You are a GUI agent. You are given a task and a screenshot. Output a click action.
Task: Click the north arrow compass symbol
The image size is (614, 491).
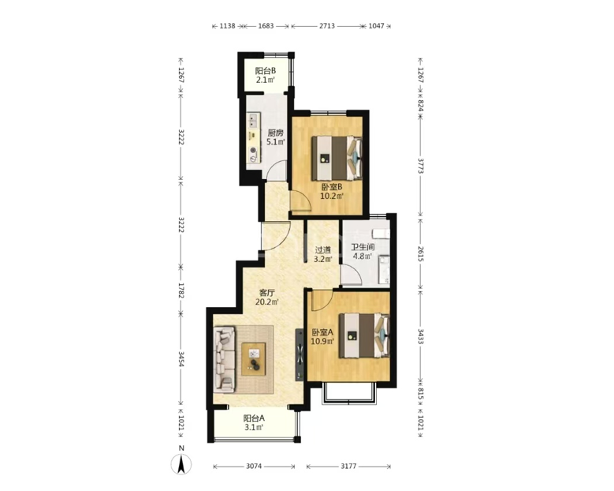coord(181,464)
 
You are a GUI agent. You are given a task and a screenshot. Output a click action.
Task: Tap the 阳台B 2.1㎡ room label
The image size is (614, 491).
coord(266,75)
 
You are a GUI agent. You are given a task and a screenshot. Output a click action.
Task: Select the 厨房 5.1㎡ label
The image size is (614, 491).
coord(276,137)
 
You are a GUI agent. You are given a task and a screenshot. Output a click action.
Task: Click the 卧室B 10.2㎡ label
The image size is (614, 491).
coord(332,191)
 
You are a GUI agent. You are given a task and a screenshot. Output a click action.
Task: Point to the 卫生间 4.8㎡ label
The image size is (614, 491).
coord(363,252)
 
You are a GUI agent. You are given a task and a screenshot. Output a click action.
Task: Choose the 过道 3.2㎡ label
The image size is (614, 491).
coord(323,254)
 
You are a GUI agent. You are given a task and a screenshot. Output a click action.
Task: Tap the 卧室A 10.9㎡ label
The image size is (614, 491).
coord(322,336)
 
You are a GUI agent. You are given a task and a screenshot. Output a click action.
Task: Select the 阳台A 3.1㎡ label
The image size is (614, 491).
coord(254,422)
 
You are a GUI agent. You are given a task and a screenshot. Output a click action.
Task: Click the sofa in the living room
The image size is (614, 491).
coord(225,360)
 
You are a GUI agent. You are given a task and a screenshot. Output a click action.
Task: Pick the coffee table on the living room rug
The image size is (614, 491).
coord(253,359)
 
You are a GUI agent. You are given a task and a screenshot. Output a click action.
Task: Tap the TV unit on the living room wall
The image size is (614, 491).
coord(300,354)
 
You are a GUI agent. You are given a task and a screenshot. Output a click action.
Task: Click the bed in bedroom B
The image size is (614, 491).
coord(337,158)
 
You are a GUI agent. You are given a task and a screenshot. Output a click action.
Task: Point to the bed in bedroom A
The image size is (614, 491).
coord(364,335)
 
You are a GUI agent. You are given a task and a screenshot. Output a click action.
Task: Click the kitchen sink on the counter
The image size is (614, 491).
coord(254,121)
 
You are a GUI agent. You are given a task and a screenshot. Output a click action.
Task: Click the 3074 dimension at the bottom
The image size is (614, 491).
coord(254,467)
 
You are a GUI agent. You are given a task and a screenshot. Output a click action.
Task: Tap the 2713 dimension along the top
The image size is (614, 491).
coord(327,26)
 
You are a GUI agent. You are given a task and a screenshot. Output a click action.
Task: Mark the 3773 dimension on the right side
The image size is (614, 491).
coord(420,166)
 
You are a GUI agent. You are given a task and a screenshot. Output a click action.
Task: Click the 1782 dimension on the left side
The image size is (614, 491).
coord(181,290)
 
